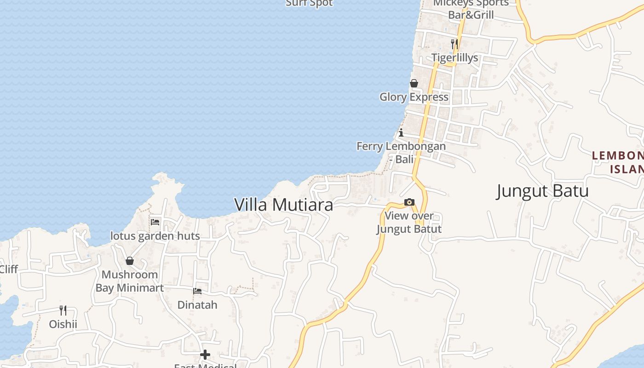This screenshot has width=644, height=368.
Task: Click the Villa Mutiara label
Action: tap(284, 205)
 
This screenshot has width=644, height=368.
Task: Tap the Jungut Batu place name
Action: tap(542, 190)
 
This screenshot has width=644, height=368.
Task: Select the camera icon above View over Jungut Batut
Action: tap(409, 202)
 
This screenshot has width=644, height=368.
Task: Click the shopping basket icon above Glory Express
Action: tap(414, 83)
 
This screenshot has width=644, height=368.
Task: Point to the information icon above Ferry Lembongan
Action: tap(401, 133)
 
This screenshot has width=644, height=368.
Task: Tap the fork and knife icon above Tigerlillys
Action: tap(454, 44)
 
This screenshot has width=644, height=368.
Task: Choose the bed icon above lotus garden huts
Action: tap(155, 222)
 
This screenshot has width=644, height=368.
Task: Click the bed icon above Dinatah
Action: tap(197, 291)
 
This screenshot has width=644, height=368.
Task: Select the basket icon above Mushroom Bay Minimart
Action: tap(130, 261)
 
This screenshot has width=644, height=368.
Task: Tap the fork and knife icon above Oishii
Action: tap(63, 310)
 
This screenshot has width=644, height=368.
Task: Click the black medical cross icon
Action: tap(205, 355)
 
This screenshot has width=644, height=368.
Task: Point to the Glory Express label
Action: tap(414, 97)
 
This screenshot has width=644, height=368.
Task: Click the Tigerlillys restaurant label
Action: tap(454, 58)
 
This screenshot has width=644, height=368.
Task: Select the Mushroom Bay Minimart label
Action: tap(130, 281)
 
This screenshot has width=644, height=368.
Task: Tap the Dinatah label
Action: tap(197, 305)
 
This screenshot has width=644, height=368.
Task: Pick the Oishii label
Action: tap(63, 324)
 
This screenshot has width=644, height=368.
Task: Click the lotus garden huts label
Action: tap(155, 236)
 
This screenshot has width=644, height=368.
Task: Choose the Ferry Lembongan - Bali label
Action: tap(401, 153)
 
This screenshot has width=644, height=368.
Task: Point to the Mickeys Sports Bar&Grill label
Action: tap(471, 9)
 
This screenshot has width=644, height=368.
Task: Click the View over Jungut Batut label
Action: tap(409, 222)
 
